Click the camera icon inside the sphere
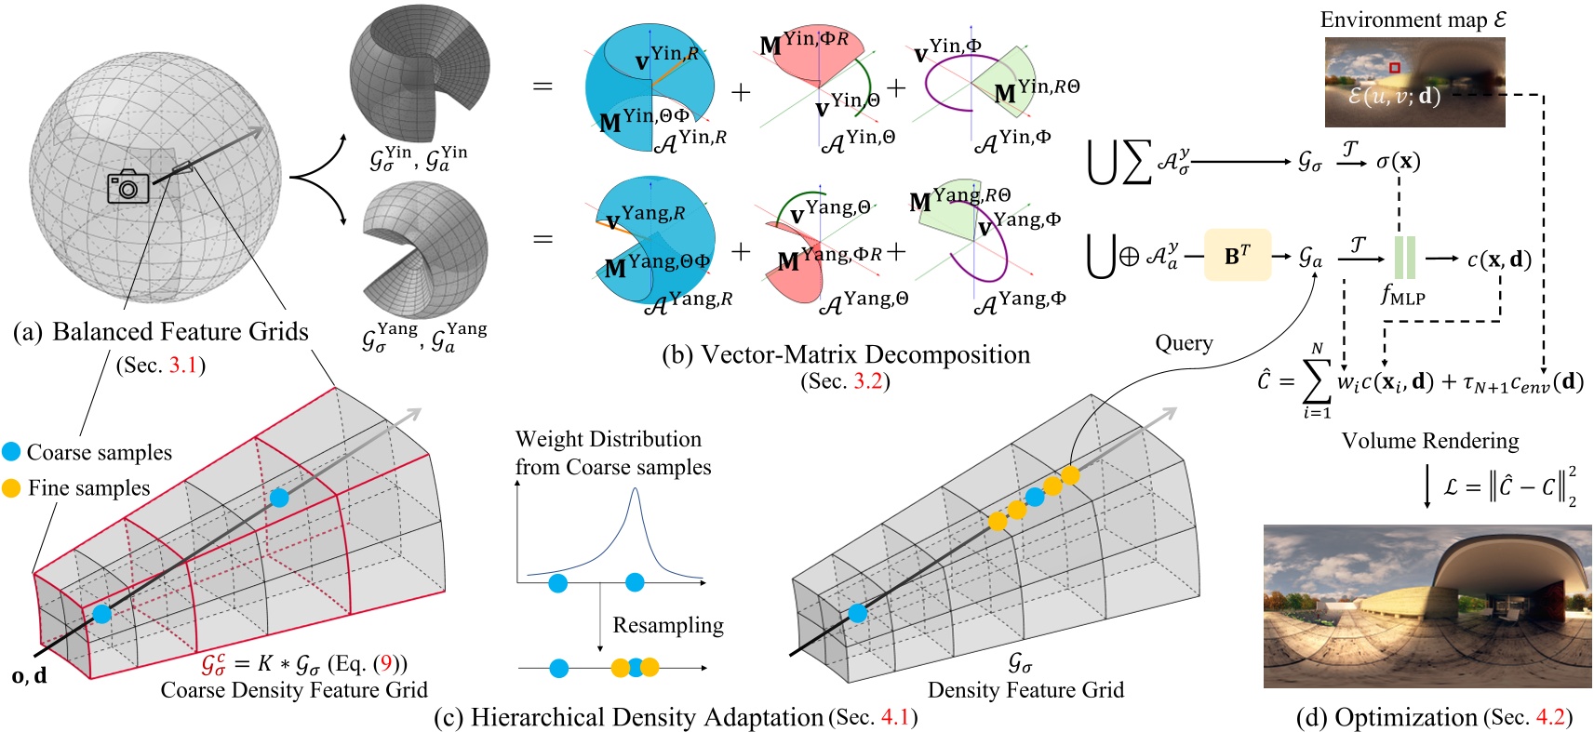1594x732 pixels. coord(127,187)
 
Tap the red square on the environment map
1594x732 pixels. coord(1394,68)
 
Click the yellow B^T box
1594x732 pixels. coord(1237,256)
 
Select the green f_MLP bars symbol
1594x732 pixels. coord(1404,258)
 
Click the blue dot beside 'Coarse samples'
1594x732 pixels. coord(11,452)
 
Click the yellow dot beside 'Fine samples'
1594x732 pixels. coord(11,488)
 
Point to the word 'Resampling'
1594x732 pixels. coord(667,625)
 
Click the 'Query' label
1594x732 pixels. coord(1184,343)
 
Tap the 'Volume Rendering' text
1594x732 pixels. coord(1429,441)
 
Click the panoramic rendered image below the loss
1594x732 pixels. coord(1427,606)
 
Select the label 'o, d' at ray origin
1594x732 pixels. coord(29,676)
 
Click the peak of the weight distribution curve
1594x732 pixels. coord(635,490)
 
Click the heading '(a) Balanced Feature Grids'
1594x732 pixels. coord(161,332)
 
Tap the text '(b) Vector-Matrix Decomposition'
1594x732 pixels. coord(845,354)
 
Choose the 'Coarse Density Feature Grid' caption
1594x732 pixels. coord(294,690)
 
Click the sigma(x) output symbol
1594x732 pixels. coord(1398,161)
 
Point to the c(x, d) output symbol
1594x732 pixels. coord(1499,260)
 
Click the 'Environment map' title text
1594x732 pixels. coord(1412,20)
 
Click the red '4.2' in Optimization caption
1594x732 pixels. coord(1549,717)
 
